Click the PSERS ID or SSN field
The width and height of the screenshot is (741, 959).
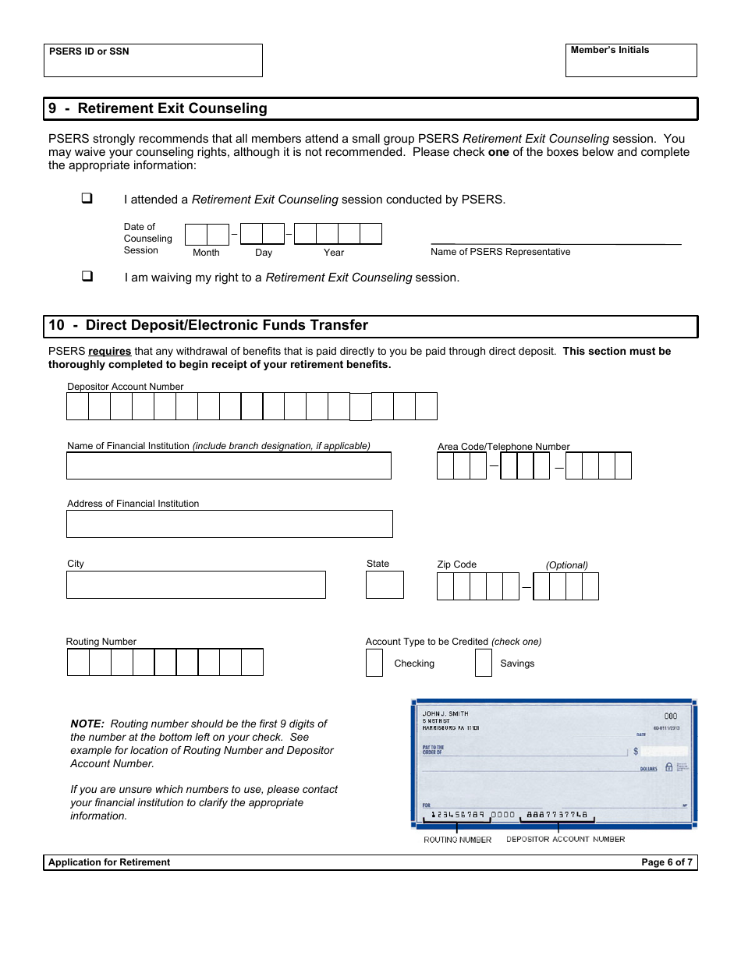click(x=153, y=65)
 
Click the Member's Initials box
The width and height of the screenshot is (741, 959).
click(x=630, y=65)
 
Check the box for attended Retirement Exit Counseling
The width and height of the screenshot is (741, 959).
click(x=87, y=199)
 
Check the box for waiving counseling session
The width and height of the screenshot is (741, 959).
click(x=87, y=277)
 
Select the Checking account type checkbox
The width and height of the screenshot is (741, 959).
click(x=374, y=663)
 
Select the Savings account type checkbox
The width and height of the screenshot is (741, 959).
click(x=484, y=663)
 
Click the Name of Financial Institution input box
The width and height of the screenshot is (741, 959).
click(x=229, y=465)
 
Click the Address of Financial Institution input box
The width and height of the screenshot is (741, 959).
click(x=229, y=524)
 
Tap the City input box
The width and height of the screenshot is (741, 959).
click(x=196, y=585)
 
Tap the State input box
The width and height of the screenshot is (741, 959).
click(x=385, y=585)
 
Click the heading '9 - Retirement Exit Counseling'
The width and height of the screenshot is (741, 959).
click(x=158, y=108)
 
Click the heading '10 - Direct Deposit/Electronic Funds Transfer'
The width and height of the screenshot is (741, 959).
click(x=208, y=325)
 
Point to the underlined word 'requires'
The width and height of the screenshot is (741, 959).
click(x=109, y=352)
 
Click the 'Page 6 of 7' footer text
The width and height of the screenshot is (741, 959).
click(x=666, y=862)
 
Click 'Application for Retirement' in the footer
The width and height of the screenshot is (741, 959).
click(x=109, y=862)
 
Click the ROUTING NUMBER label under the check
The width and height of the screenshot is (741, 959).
click(x=458, y=840)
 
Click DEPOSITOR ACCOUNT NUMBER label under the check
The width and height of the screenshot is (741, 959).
click(x=565, y=839)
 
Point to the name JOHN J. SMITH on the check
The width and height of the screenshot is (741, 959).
click(x=445, y=713)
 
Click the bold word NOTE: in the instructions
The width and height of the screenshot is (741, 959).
click(x=87, y=724)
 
